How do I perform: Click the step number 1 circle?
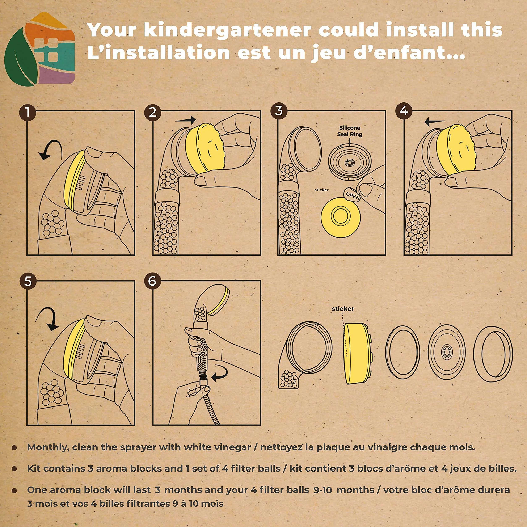click(28, 112)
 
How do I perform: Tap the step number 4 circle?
click(404, 110)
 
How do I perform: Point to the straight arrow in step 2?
click(185, 120)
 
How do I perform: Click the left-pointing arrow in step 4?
click(435, 121)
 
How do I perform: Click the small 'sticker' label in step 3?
click(321, 190)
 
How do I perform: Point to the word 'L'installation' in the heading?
click(159, 53)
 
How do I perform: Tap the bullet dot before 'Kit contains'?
click(14, 469)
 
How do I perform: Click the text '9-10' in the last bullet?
click(323, 490)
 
